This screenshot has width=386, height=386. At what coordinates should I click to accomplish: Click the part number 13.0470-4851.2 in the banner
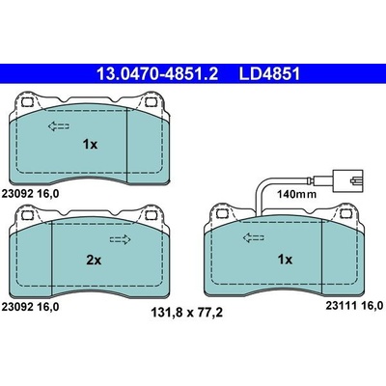coord(157,74)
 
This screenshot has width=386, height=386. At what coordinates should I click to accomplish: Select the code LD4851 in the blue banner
coord(269,74)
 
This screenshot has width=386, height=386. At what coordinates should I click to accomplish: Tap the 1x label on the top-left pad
coord(90,145)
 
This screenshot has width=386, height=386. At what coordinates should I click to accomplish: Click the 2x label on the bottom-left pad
coord(94,260)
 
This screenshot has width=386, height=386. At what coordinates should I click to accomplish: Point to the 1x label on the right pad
coord(285,260)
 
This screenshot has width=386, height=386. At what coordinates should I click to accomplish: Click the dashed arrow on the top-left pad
coord(59,126)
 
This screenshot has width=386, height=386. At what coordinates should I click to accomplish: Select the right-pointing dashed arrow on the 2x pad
coord(121,239)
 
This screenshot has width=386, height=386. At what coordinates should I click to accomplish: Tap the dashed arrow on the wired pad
coord(254,238)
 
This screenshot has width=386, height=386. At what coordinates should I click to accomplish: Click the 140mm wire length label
coord(297,194)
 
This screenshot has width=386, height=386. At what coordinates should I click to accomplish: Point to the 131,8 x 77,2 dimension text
coord(187,313)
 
